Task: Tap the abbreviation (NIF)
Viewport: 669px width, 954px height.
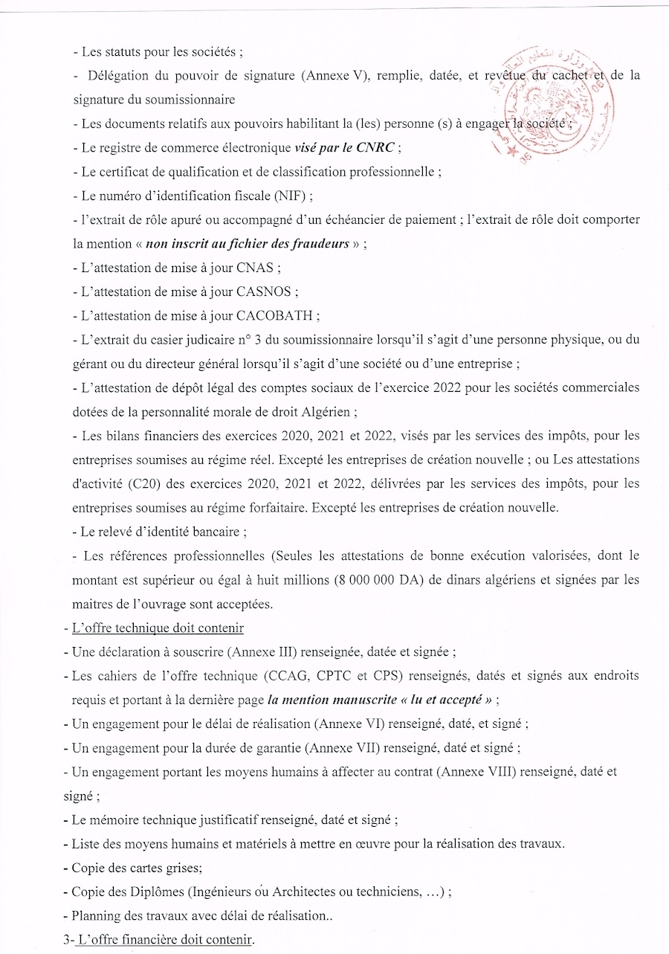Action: [x=289, y=196]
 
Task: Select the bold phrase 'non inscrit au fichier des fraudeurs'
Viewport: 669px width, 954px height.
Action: [x=248, y=244]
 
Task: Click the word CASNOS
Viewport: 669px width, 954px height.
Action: [x=267, y=291]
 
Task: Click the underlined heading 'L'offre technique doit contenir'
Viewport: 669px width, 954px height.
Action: [x=158, y=628]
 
